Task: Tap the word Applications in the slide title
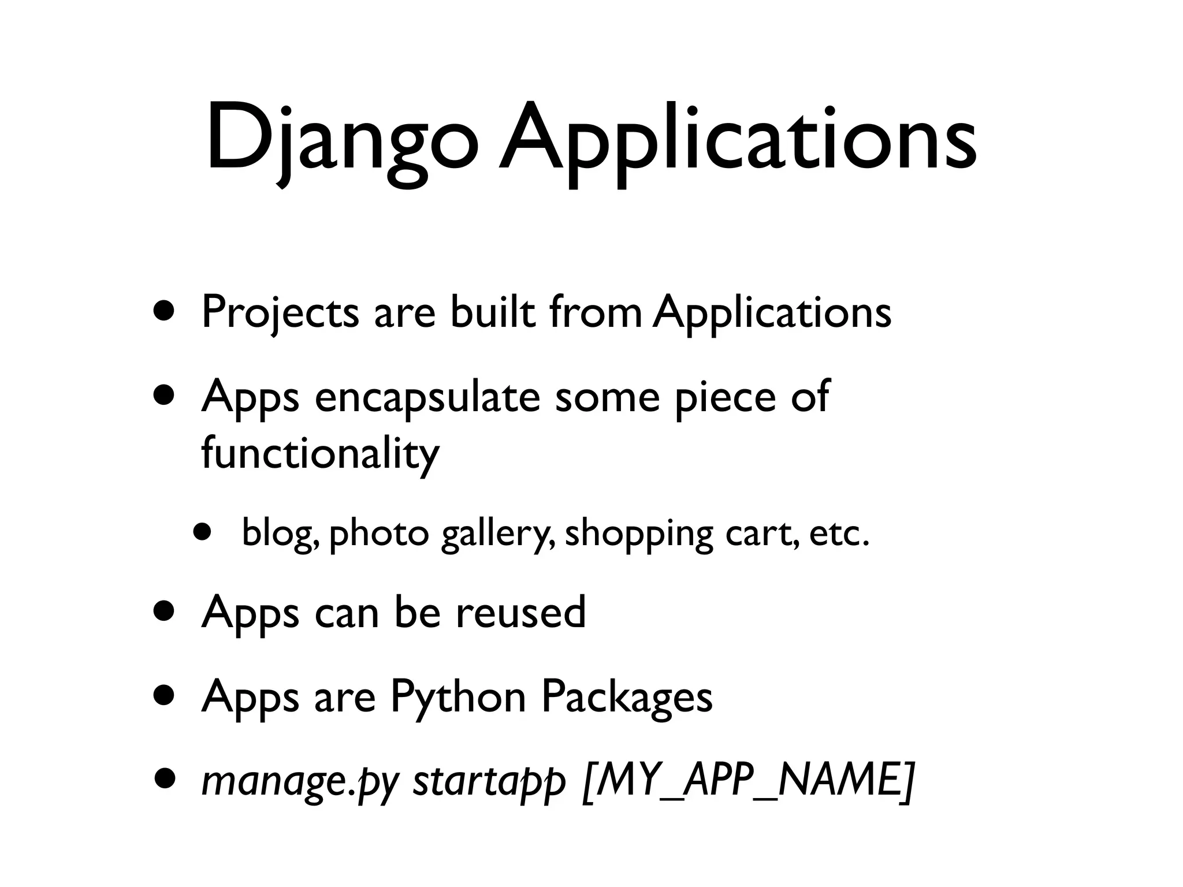pyautogui.click(x=737, y=141)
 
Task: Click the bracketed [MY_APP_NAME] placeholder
pyautogui.click(x=749, y=781)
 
